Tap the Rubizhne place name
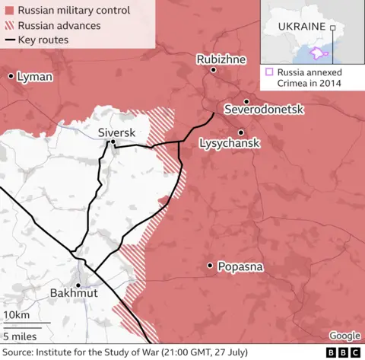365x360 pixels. pyautogui.click(x=219, y=59)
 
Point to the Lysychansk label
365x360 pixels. pyautogui.click(x=229, y=143)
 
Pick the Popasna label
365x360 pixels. pyautogui.click(x=240, y=266)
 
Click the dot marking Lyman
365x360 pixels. pyautogui.click(x=11, y=76)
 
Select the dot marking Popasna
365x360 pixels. pyautogui.click(x=210, y=266)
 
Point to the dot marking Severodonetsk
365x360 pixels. pyautogui.click(x=246, y=101)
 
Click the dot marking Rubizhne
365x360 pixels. pyautogui.click(x=214, y=70)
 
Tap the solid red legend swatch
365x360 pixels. pyautogui.click(x=8, y=11)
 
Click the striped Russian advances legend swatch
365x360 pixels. pyautogui.click(x=8, y=26)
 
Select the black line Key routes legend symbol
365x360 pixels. pyautogui.click(x=8, y=40)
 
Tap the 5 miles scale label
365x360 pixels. pyautogui.click(x=20, y=335)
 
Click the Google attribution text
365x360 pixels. pyautogui.click(x=344, y=336)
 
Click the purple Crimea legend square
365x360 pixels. pyautogui.click(x=269, y=72)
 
